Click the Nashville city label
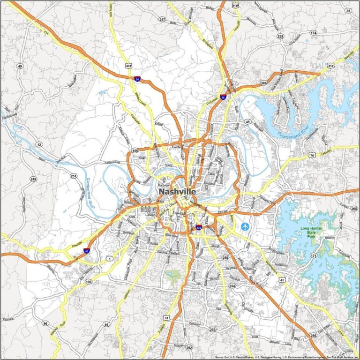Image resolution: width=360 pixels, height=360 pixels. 177,192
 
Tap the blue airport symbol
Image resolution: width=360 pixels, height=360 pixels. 245,226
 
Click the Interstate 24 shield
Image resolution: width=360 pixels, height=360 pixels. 136,79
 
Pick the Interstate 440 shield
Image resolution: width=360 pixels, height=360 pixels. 199,228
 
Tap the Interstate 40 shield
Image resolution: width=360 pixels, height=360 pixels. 87,251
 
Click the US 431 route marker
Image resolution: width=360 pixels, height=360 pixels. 128,67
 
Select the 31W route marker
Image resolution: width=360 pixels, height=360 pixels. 235,6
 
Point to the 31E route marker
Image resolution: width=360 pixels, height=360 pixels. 331,65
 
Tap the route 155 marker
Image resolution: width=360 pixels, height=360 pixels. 135,151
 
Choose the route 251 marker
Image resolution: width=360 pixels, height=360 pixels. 73,176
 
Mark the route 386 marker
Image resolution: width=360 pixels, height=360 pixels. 264,83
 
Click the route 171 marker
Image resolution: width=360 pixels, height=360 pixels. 313,255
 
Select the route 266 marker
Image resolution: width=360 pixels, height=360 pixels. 313,336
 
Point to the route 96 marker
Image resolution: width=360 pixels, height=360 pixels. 45,323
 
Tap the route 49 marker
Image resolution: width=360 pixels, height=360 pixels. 20,67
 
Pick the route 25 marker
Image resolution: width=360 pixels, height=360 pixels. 347,10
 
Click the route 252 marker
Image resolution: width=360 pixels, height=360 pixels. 189,347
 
